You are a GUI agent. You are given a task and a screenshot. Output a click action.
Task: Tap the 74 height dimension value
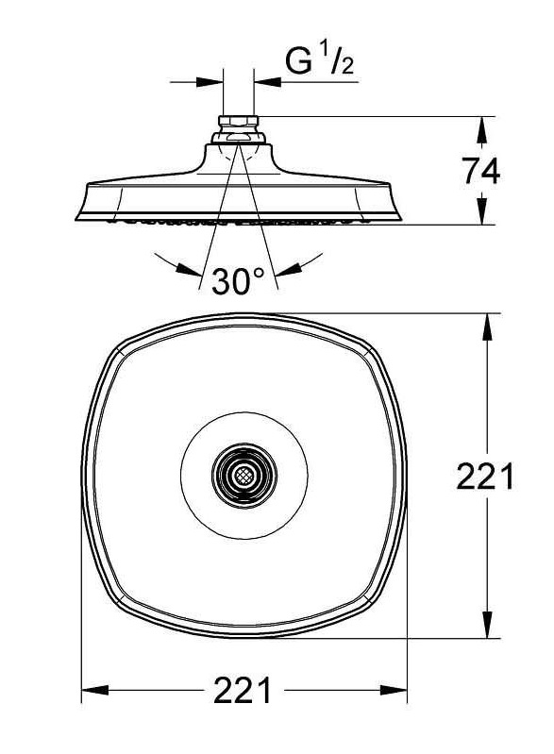tap(480, 171)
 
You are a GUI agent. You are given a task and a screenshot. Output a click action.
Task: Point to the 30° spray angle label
tap(238, 281)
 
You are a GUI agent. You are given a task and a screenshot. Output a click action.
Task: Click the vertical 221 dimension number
tap(484, 478)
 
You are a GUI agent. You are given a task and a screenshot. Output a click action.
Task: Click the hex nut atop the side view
tap(240, 122)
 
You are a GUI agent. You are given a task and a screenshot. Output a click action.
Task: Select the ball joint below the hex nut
tap(240, 138)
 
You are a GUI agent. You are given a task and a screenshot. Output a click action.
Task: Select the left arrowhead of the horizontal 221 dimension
tap(92, 691)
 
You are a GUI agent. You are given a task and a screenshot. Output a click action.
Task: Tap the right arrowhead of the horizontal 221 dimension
tap(397, 691)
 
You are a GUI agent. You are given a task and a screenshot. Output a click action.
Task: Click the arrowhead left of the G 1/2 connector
tap(212, 81)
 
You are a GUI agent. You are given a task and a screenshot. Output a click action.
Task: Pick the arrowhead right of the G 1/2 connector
tap(268, 81)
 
